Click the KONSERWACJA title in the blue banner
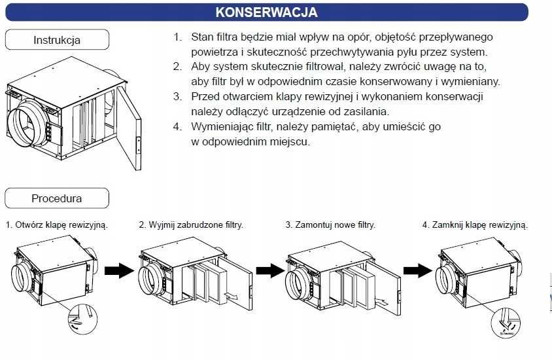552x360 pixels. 266,12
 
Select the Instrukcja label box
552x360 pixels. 57,40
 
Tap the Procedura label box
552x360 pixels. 57,198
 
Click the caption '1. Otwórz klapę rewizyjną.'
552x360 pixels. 57,225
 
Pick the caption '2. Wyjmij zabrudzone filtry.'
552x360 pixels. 191,225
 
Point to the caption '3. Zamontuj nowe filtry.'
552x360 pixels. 330,225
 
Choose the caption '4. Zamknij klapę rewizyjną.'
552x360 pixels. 475,225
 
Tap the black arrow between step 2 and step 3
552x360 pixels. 269,271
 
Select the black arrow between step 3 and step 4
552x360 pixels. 417,271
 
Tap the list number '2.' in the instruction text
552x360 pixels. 177,67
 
